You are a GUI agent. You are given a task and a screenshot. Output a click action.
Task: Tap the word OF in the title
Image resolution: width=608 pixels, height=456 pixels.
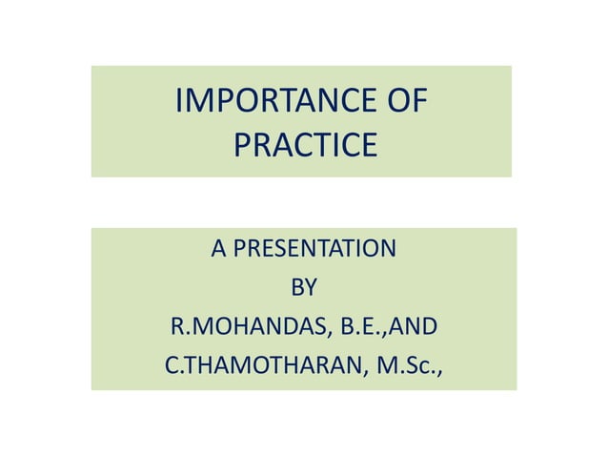point(405,102)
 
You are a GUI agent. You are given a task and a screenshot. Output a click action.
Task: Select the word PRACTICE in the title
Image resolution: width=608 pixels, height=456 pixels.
point(304,146)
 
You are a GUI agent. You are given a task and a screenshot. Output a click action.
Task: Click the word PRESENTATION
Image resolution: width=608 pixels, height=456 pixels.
point(314,250)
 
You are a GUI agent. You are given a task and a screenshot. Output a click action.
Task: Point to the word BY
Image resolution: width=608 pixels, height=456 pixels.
point(303,288)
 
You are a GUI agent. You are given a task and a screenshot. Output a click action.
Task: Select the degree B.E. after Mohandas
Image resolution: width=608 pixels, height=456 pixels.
point(362,327)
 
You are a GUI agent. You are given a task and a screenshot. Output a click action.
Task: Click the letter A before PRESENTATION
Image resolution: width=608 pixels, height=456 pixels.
point(218,250)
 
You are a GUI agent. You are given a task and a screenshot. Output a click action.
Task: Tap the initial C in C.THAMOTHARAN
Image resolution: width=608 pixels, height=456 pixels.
point(172,366)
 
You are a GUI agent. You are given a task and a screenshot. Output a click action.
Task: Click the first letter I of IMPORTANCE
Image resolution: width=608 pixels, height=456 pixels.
point(182,102)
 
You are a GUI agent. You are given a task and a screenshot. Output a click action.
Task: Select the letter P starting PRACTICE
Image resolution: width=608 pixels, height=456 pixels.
point(242,146)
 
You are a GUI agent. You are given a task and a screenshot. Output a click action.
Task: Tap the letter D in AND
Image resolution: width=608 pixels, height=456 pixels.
point(430,327)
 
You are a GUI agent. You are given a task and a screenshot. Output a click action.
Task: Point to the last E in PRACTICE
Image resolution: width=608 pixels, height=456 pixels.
point(368,146)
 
